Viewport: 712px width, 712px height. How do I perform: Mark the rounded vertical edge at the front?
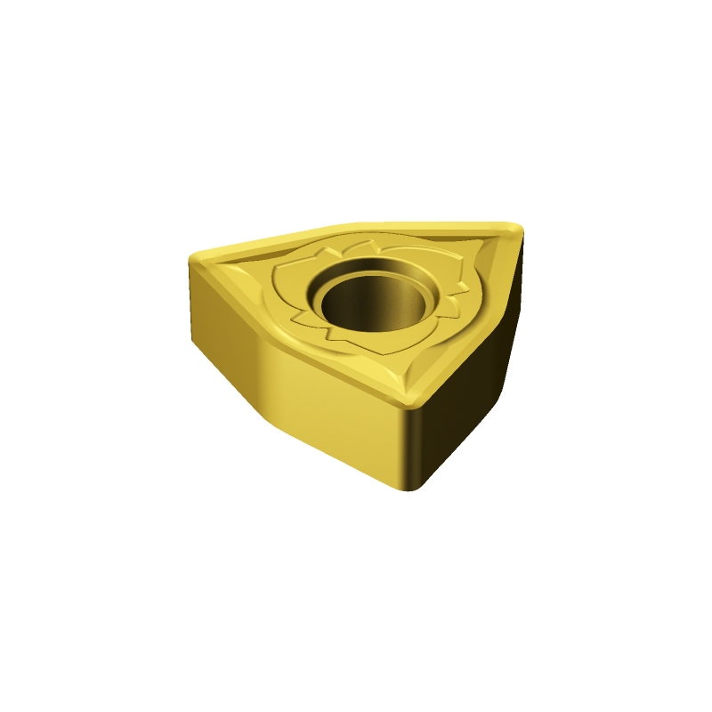pyautogui.click(x=409, y=445)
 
